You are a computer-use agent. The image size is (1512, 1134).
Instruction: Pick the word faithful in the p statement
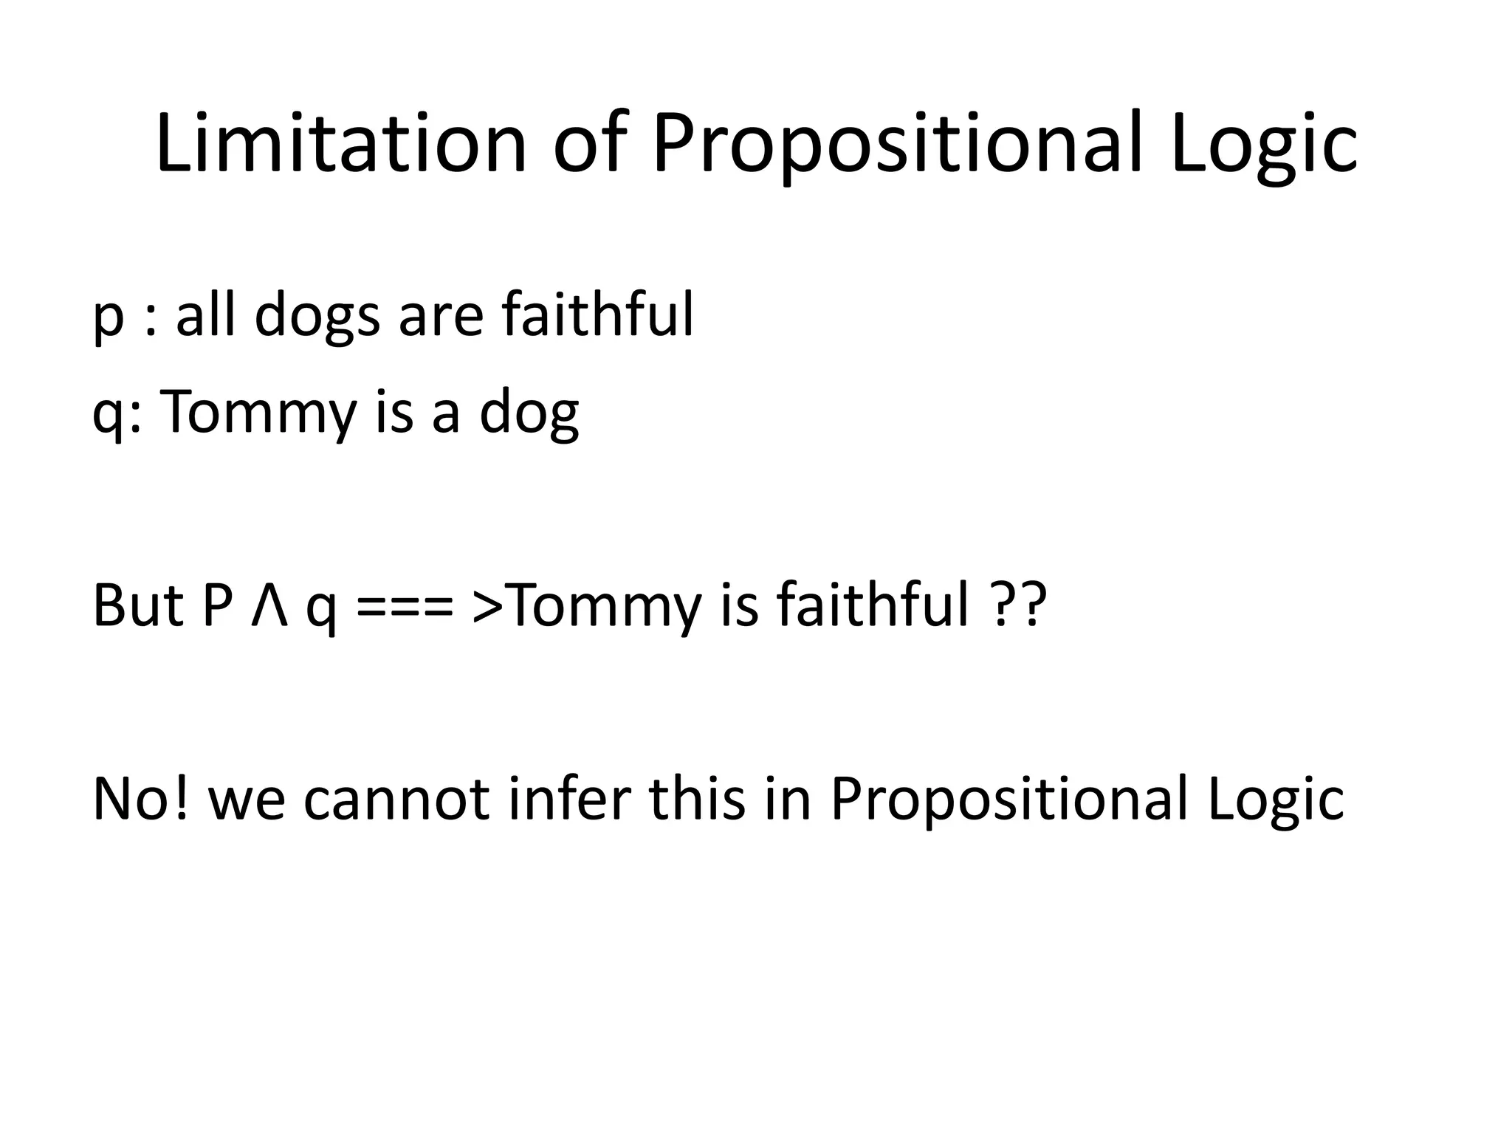point(597,313)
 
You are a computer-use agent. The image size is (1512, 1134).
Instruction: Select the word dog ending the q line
point(529,413)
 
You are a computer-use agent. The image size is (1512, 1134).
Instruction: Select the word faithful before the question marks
point(872,605)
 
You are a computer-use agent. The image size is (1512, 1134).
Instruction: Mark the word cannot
point(396,800)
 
